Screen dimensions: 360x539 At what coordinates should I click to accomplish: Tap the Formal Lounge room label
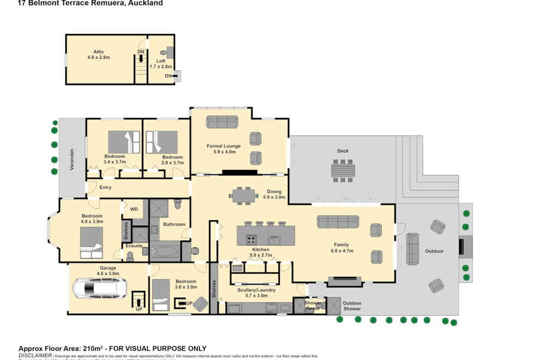[224, 146]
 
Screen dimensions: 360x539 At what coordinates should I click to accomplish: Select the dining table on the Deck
[342, 170]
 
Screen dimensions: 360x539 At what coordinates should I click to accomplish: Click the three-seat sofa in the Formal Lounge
[222, 121]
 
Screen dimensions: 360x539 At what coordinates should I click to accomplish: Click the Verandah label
[71, 159]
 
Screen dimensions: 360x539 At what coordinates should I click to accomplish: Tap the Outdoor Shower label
[352, 306]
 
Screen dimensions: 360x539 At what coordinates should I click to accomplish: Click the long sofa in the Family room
[338, 222]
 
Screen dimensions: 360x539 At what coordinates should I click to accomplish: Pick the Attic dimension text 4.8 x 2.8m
[99, 57]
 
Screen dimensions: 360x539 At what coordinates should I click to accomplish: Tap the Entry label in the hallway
[105, 187]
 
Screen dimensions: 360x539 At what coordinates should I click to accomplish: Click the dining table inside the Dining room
[244, 195]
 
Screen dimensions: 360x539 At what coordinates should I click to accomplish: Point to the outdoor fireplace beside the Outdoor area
[465, 247]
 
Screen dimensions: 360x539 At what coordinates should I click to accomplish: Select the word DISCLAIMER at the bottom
[35, 355]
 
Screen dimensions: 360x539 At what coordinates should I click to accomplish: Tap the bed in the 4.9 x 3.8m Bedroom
[91, 242]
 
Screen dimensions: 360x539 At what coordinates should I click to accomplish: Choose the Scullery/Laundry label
[256, 290]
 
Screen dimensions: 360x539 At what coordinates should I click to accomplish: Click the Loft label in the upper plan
[161, 61]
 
